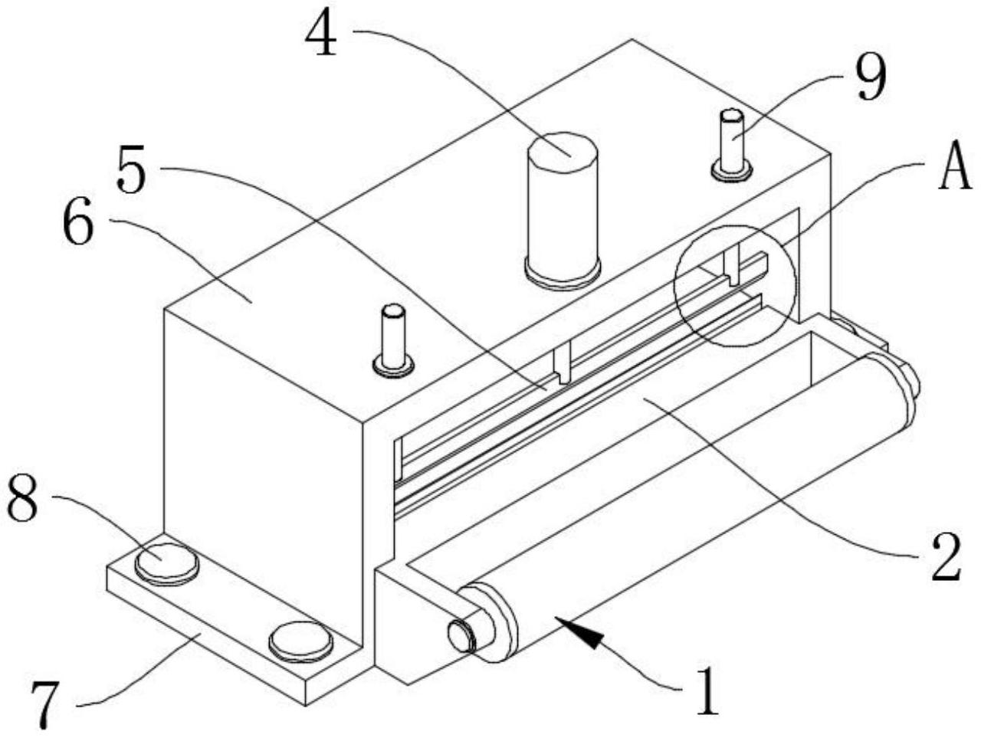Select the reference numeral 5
point(131,169)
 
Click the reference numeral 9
point(870,79)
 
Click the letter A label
point(956,165)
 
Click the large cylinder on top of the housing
point(563,211)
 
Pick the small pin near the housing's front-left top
point(393,340)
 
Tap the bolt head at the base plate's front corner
point(300,641)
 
